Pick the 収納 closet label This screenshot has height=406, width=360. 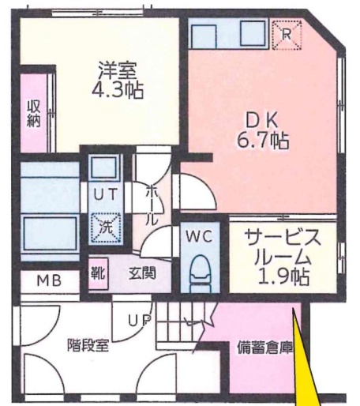coord(35,115)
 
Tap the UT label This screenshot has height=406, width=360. coord(104,194)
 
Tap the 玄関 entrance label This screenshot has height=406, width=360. coord(143,273)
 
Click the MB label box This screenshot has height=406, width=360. coord(47,280)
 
